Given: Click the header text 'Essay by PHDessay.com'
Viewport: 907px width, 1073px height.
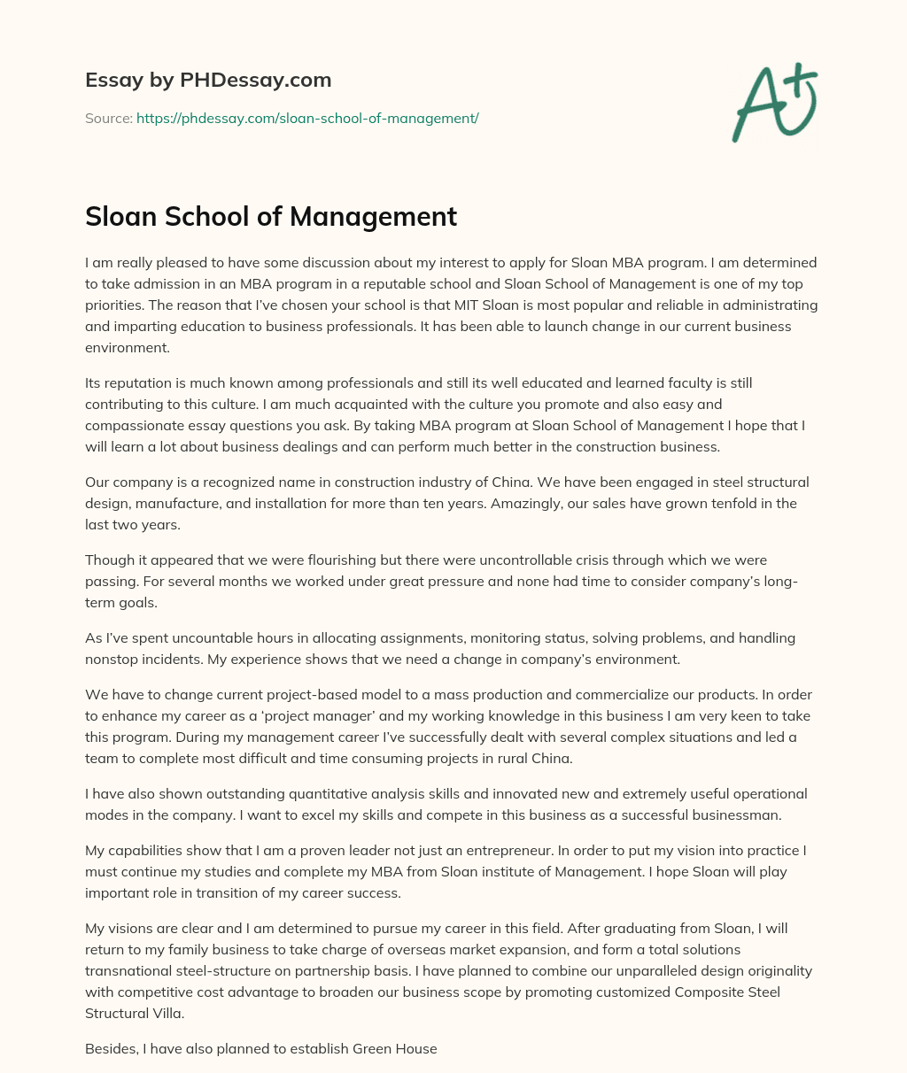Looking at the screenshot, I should coord(208,81).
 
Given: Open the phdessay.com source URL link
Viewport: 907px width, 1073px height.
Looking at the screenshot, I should coord(307,118).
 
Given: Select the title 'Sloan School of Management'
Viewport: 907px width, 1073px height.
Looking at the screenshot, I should coord(271,216).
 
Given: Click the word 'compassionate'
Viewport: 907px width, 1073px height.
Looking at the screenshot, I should coord(128,426).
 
